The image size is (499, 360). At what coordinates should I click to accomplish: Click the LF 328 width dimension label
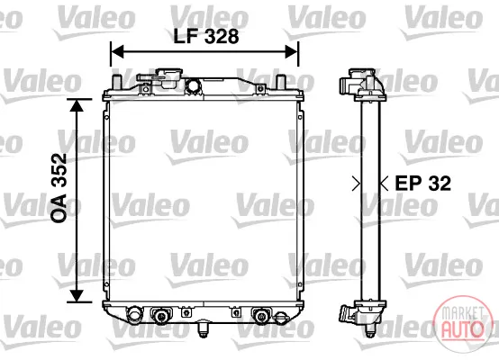tap(206, 36)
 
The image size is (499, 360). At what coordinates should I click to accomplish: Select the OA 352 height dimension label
tap(59, 188)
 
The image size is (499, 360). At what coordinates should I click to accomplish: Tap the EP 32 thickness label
tap(423, 184)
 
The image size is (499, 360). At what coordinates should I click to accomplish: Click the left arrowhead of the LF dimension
tap(117, 51)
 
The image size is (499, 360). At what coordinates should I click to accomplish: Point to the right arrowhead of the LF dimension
tap(292, 51)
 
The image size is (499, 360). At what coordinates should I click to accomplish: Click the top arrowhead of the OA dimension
tap(77, 105)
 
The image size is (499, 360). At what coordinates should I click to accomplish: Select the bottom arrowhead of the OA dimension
tap(77, 296)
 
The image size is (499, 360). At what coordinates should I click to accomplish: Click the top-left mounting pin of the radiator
tap(117, 82)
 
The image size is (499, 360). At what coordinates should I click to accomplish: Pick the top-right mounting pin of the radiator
tap(281, 82)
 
